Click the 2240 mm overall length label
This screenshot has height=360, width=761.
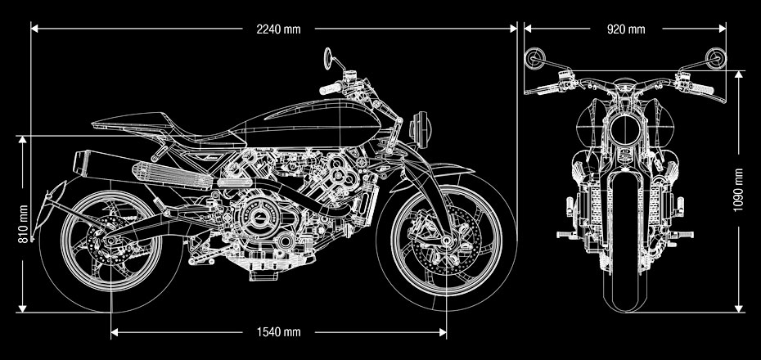(278, 29)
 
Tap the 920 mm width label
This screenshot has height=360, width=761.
(626, 29)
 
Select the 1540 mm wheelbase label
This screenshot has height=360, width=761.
(278, 332)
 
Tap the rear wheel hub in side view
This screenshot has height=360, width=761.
(110, 243)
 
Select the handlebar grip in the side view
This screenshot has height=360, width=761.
(331, 88)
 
